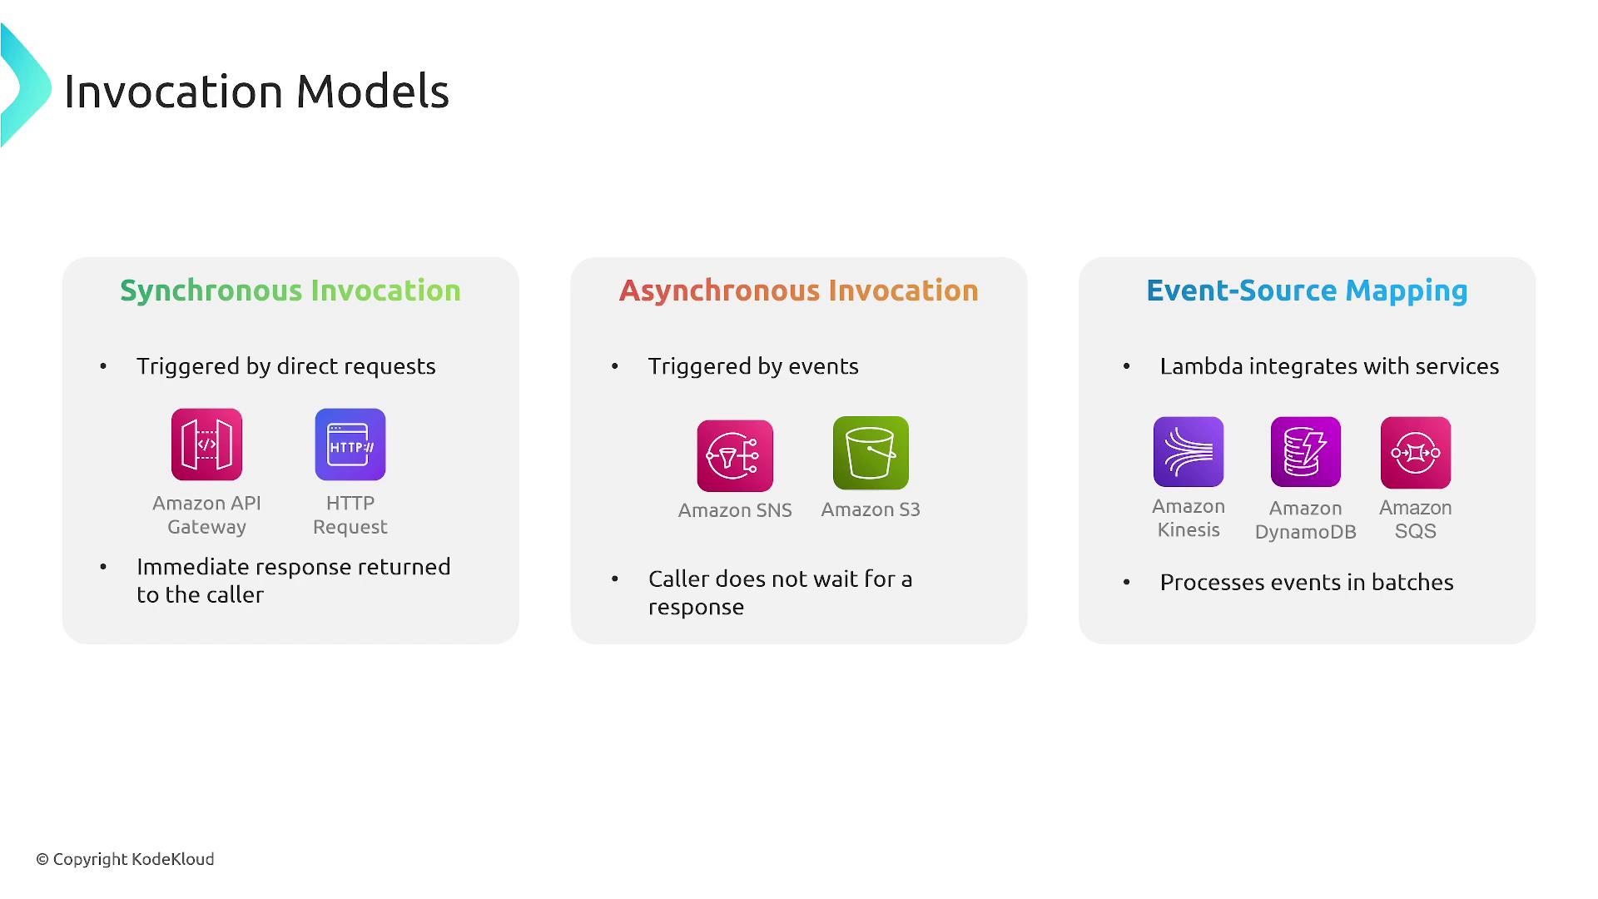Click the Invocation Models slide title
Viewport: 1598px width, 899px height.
tap(256, 91)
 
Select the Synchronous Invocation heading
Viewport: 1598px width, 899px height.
tap(290, 291)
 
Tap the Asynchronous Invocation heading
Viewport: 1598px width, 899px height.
tap(799, 291)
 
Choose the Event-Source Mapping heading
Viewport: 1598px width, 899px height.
tap(1307, 291)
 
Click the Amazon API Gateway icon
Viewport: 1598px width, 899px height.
tap(206, 445)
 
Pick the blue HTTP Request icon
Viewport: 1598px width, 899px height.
tap(350, 445)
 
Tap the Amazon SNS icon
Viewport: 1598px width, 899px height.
tap(735, 456)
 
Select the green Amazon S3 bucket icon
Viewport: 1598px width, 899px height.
tap(871, 453)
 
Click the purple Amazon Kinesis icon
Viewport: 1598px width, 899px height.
tap(1189, 452)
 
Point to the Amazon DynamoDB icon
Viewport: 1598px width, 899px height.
tap(1306, 452)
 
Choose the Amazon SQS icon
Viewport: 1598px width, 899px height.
tap(1416, 453)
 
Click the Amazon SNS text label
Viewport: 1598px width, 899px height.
tap(735, 510)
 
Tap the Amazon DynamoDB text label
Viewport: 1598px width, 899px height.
tap(1306, 520)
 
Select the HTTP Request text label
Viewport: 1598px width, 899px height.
tap(350, 515)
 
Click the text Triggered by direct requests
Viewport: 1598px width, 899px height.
tap(286, 367)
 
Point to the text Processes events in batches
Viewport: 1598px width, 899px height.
tap(1307, 583)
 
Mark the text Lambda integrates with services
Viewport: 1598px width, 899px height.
tap(1329, 367)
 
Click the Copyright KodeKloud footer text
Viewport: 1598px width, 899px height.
tap(125, 859)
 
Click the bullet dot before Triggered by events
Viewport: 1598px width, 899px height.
tap(615, 366)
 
